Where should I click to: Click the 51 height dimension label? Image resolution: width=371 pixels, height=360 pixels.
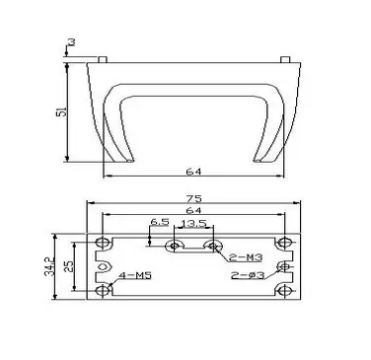click(x=62, y=111)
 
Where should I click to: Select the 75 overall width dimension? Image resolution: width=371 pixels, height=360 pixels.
click(x=193, y=199)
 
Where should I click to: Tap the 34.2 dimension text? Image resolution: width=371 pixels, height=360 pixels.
click(x=49, y=266)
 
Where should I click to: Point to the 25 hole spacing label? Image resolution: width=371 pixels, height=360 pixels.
click(x=69, y=266)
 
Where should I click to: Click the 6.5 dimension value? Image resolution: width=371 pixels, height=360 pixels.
click(x=160, y=222)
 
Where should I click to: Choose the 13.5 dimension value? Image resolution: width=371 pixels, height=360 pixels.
click(x=193, y=224)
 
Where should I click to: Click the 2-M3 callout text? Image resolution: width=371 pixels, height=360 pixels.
click(x=246, y=257)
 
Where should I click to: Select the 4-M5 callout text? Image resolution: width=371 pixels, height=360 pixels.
click(x=135, y=275)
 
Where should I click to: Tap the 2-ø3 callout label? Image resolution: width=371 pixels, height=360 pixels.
click(x=248, y=275)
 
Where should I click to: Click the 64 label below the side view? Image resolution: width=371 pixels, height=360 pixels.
click(x=193, y=172)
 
